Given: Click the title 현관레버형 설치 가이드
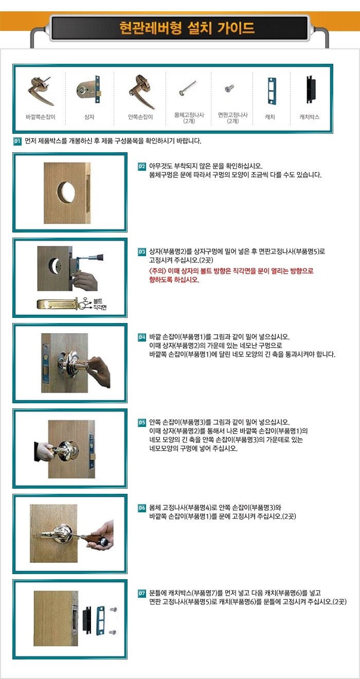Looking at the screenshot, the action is (x=187, y=28).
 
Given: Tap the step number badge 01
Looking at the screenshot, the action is (x=17, y=141).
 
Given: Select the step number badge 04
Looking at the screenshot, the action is (x=142, y=337).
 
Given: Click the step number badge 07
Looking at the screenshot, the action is (x=142, y=593).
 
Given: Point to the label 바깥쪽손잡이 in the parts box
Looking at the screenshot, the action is (x=41, y=117).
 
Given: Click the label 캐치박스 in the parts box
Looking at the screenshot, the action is (x=310, y=117).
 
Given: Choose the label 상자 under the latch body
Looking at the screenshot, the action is (x=89, y=117).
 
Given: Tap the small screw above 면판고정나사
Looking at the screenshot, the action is (x=229, y=88).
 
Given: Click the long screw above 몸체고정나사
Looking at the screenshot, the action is (x=188, y=87).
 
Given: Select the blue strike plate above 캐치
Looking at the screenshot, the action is (x=272, y=91).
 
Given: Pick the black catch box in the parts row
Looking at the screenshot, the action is (x=311, y=90).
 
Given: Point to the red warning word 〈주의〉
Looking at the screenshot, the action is (x=157, y=271).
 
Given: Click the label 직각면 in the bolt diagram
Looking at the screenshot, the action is (x=100, y=308).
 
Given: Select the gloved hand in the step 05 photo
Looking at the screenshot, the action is (x=44, y=451).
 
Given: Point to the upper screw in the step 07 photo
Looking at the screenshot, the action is (x=113, y=609).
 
